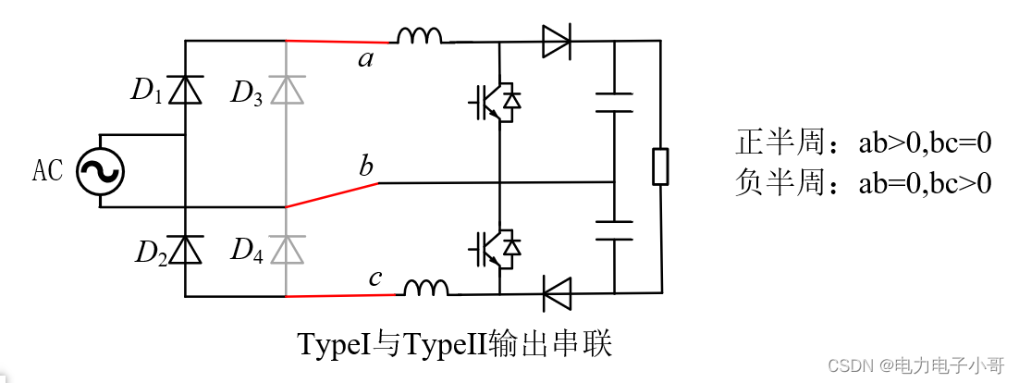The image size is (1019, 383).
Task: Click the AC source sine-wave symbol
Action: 99,171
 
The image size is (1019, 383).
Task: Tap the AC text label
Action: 48,171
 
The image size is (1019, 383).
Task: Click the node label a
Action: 367,61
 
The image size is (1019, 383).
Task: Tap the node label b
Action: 367,167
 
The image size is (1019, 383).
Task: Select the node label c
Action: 374,277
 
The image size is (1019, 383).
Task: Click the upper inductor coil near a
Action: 420,36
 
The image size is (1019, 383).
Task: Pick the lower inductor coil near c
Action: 425,289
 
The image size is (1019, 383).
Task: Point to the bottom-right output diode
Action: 556,295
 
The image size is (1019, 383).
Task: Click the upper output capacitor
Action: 614,102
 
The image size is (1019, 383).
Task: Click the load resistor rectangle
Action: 660,167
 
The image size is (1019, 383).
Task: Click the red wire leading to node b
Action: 332,194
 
